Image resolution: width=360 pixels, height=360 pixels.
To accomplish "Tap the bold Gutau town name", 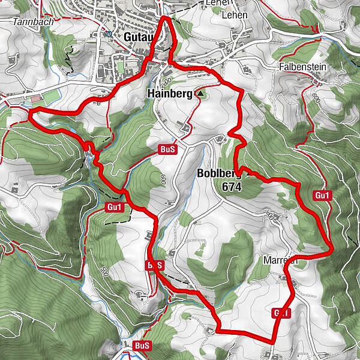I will click(x=139, y=37).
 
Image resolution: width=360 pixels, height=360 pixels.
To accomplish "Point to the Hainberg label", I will click(x=169, y=94).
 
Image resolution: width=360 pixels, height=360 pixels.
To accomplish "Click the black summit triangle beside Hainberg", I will click(x=200, y=94).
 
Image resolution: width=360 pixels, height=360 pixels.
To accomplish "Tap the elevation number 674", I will click(x=230, y=187).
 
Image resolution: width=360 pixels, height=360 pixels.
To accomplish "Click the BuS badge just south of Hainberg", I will click(x=167, y=149).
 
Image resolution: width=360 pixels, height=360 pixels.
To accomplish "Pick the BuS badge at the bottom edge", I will click(x=142, y=346).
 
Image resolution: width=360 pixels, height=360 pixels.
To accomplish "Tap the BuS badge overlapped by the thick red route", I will click(x=154, y=265).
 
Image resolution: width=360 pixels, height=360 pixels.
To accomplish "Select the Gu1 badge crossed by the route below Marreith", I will click(x=281, y=313).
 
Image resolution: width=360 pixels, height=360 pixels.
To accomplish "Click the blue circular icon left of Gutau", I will click(x=109, y=34).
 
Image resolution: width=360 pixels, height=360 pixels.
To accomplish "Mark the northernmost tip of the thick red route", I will click(x=166, y=19).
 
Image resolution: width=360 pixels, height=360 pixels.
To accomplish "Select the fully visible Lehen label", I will click(x=234, y=14).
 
